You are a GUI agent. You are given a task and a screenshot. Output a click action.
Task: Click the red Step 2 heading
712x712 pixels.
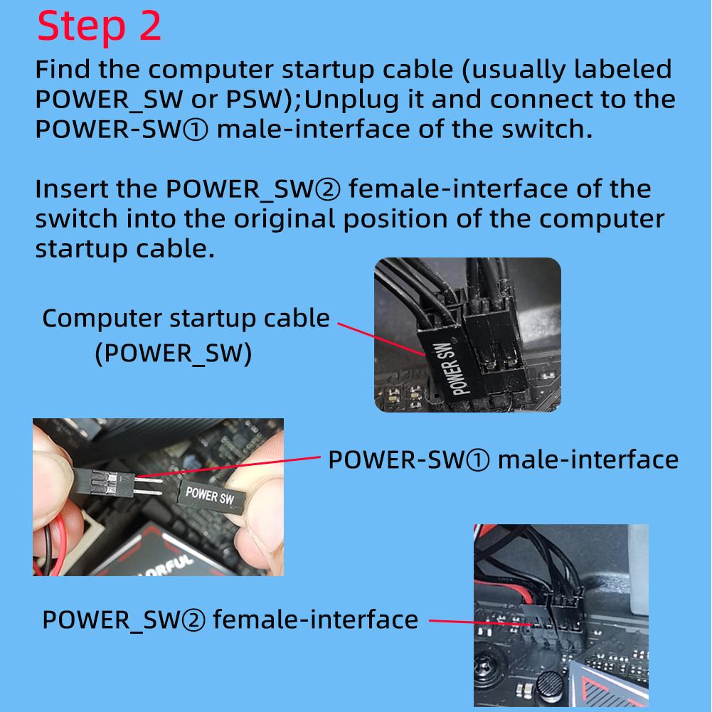(x=99, y=26)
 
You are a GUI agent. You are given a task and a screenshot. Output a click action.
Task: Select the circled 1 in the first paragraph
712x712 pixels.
(x=196, y=129)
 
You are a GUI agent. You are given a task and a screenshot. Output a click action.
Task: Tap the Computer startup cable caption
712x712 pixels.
(x=186, y=319)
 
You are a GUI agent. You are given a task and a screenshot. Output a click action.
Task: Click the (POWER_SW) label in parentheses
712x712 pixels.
(x=173, y=354)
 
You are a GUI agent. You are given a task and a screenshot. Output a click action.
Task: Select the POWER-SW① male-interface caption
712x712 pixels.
(x=503, y=459)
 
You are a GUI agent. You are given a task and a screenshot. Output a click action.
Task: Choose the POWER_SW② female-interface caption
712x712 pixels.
(x=230, y=620)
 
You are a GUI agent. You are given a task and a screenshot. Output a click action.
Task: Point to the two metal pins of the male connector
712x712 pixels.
(x=148, y=485)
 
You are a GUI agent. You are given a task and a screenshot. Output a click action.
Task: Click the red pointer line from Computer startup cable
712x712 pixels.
(x=381, y=339)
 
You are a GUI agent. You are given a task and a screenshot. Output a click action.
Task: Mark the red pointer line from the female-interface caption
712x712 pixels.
(x=480, y=622)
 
